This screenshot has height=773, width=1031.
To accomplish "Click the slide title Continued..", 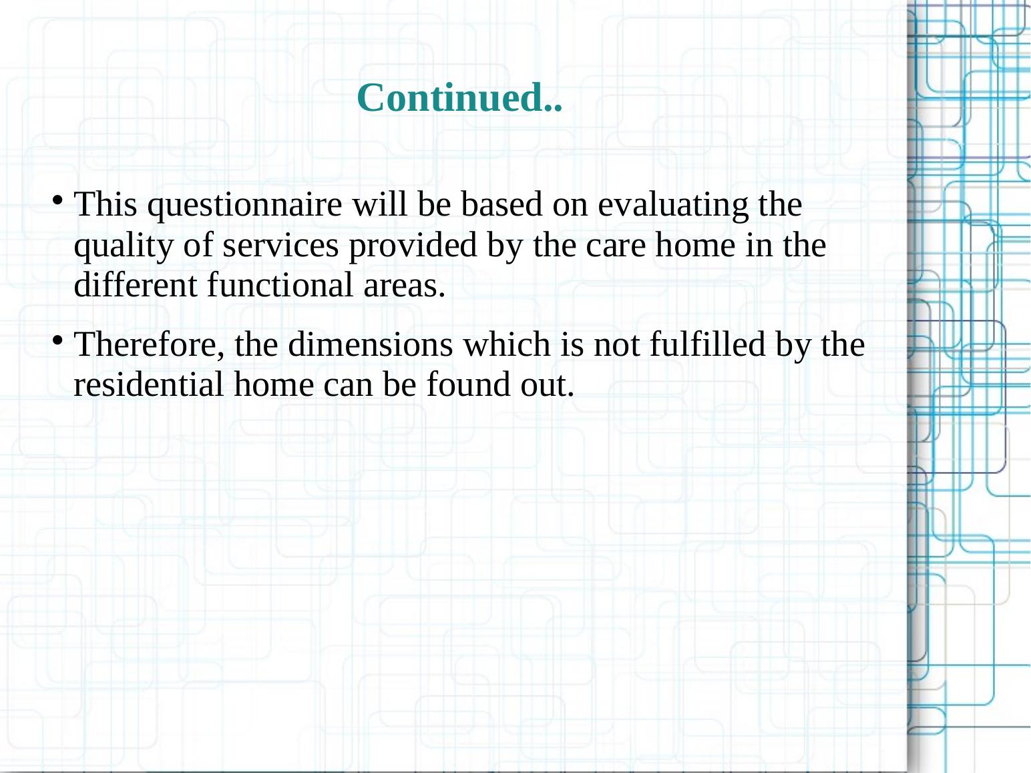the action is [459, 97].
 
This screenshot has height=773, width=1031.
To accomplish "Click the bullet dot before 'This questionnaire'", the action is [57, 200].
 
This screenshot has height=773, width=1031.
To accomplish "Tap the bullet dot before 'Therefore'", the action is [57, 340].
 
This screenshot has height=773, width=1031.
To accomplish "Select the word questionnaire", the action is [244, 205].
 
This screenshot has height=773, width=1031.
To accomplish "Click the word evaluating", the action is [673, 205].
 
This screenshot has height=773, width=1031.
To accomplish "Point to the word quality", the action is [124, 246].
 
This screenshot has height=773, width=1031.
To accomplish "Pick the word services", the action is [280, 246].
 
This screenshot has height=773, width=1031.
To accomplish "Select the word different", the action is [136, 285].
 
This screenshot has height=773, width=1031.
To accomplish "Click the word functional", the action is [280, 285].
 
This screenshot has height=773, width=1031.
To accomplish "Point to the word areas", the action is [405, 286].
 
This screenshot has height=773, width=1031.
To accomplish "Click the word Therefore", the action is [150, 345].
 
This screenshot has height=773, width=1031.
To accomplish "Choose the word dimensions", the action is [370, 345].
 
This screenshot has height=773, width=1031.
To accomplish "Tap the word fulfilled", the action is [707, 345].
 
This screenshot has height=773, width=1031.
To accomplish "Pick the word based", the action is [501, 205].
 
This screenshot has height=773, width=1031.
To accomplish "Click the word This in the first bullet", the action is [106, 205].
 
